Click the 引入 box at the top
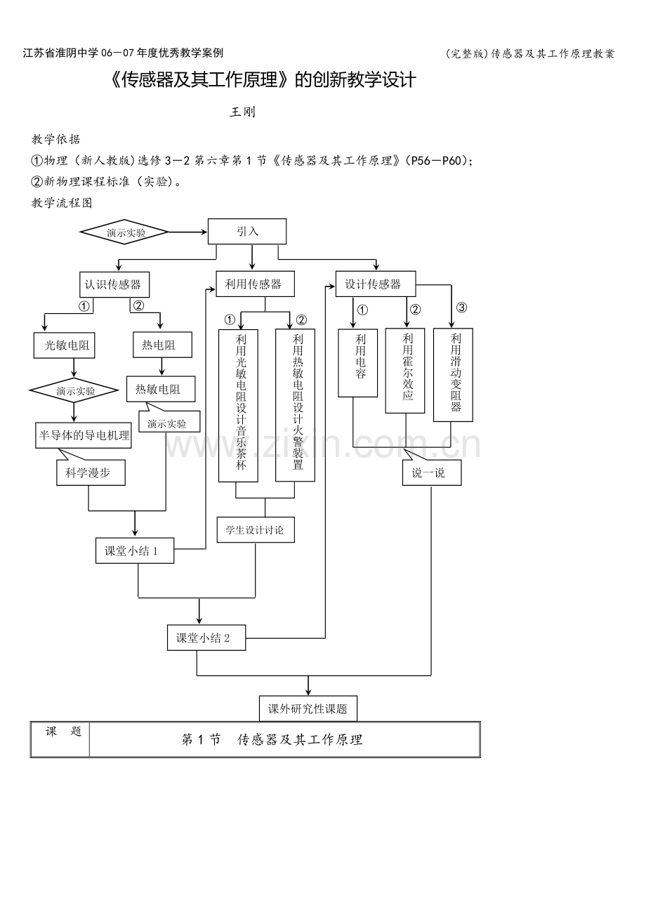[247, 232]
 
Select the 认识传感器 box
[114, 284]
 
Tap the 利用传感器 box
[255, 284]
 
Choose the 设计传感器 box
[376, 284]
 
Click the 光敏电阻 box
[64, 345]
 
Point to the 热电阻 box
[162, 345]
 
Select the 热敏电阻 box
[161, 389]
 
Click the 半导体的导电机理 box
[84, 435]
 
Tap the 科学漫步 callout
[91, 472]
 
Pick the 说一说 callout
[432, 472]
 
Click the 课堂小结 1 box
[135, 550]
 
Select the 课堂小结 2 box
[206, 637]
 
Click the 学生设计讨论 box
[256, 529]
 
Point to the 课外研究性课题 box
[308, 709]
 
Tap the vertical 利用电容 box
[357, 363]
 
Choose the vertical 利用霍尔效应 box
[405, 371]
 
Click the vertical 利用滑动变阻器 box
[453, 375]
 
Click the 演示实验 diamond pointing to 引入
[124, 232]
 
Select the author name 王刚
[242, 112]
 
